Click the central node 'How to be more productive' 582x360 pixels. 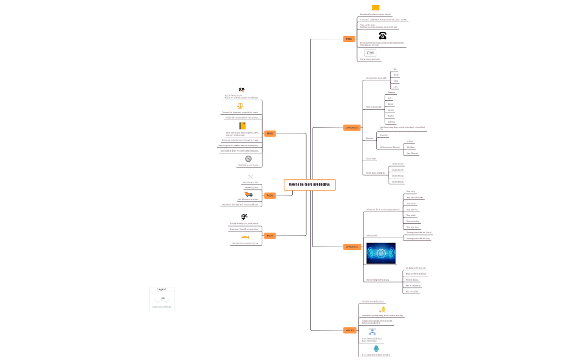310,184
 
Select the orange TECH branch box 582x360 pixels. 349,39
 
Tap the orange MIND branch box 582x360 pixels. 269,133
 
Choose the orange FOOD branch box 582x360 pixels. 269,195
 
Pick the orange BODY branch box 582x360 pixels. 269,235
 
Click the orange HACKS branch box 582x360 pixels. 349,330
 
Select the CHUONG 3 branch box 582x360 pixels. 352,127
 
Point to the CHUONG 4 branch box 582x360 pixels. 352,246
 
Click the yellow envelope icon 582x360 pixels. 375,8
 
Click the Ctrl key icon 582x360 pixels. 370,53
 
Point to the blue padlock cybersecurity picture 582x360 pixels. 381,253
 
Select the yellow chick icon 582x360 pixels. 382,310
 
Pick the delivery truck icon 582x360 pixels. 249,194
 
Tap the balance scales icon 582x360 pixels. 241,106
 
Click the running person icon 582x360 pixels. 244,217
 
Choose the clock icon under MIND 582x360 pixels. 248,159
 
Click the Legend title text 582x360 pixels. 162,289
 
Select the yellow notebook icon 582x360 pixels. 242,126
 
